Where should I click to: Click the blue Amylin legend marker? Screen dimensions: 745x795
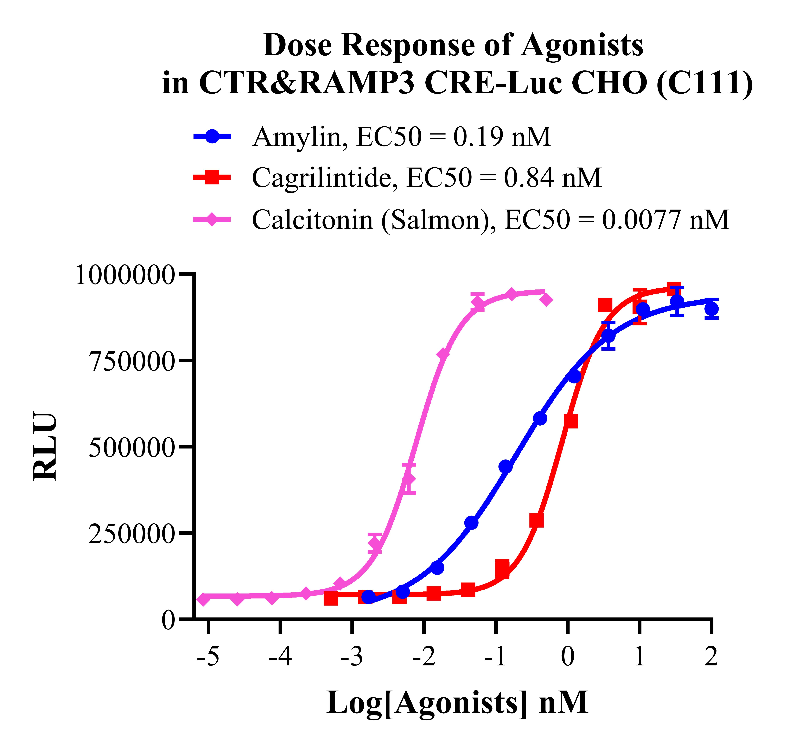(x=212, y=136)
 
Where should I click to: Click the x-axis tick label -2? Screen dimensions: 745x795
(x=424, y=657)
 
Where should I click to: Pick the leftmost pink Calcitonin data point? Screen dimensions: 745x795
(x=204, y=599)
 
